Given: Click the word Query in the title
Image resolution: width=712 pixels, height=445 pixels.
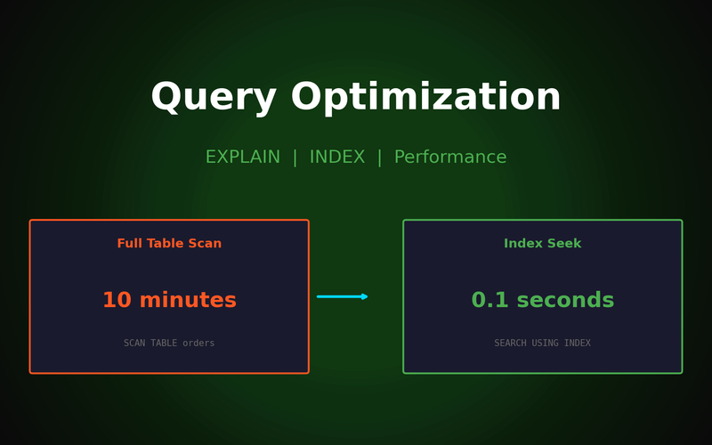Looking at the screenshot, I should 214,98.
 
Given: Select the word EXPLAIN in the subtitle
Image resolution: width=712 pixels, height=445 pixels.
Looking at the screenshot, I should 243,158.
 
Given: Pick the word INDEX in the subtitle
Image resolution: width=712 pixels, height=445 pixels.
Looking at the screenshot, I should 337,158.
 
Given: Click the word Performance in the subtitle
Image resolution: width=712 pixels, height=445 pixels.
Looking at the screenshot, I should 450,158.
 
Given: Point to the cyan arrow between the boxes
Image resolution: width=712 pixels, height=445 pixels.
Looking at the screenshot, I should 342,296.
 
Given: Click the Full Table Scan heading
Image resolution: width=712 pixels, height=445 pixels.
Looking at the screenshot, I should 169,244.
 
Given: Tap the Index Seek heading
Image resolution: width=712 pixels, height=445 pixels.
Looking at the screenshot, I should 542,244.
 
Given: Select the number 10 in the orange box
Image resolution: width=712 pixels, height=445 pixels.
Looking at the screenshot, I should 117,301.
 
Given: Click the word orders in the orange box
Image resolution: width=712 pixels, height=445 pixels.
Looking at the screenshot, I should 198,344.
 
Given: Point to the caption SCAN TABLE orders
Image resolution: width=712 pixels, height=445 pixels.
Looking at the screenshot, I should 169,344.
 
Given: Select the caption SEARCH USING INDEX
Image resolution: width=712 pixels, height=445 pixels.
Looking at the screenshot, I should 542,344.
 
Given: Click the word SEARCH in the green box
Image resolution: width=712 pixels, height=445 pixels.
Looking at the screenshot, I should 511,344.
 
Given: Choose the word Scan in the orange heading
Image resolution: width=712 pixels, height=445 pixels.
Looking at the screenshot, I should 204,244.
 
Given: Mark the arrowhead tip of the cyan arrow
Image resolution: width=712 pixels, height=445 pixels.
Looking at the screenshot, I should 367,296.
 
